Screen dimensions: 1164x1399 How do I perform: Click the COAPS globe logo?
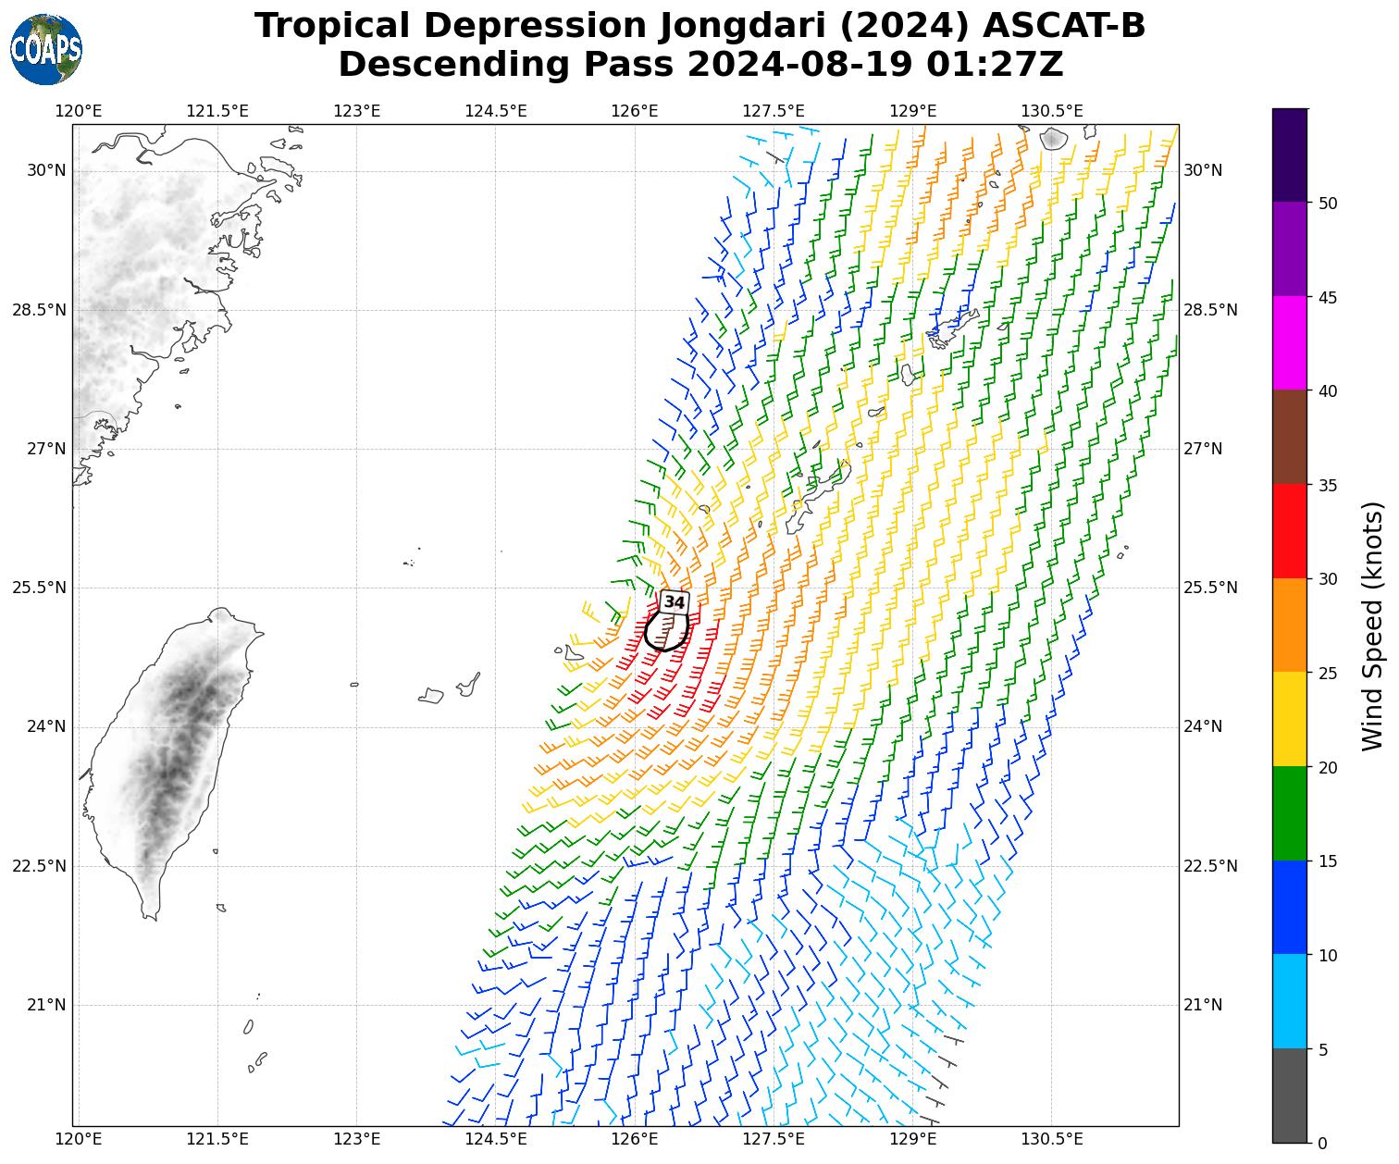click(x=46, y=49)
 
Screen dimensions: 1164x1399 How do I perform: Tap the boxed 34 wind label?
click(x=675, y=602)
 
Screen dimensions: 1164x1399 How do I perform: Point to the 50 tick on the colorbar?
click(x=1325, y=203)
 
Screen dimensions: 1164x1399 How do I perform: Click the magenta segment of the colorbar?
click(x=1289, y=342)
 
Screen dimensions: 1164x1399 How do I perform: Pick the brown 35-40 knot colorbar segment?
click(x=1289, y=437)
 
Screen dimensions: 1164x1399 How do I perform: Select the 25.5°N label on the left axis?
click(x=39, y=588)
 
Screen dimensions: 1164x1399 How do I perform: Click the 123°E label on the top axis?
click(x=356, y=111)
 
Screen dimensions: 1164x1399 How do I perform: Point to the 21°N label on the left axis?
click(x=46, y=1005)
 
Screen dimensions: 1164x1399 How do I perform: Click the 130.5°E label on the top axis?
click(x=1052, y=111)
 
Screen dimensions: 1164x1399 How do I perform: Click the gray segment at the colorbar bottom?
click(x=1289, y=1096)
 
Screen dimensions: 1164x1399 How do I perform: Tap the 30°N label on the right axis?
click(x=1203, y=170)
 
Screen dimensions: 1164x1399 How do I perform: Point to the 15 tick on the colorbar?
click(x=1325, y=861)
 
